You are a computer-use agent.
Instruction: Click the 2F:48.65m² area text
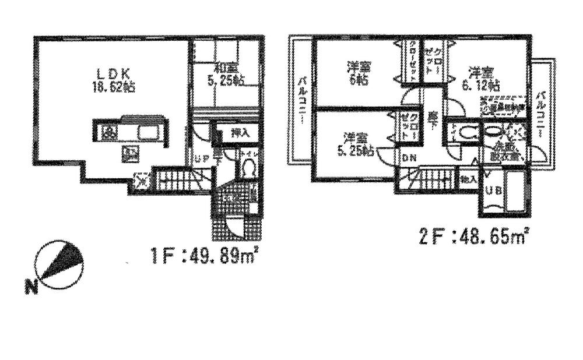pyautogui.click(x=473, y=237)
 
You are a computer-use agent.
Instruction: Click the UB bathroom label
pyautogui.click(x=492, y=191)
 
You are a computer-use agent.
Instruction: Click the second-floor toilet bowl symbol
pyautogui.click(x=466, y=132)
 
